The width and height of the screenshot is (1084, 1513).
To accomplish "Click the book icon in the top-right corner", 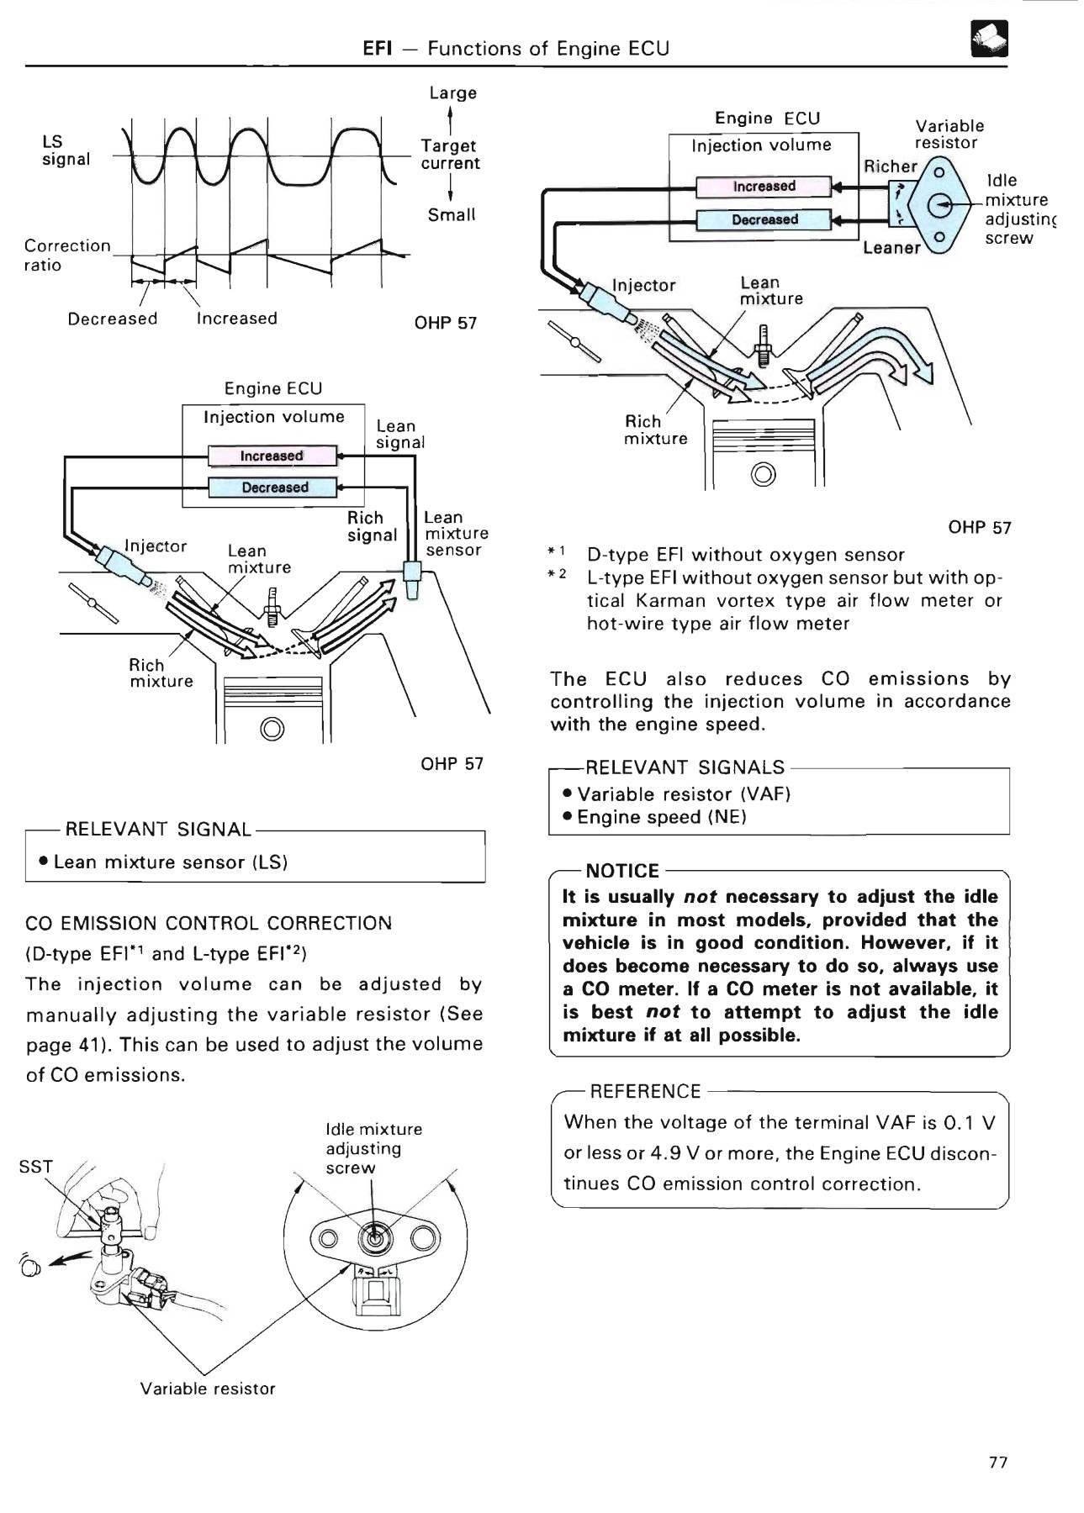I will point(989,39).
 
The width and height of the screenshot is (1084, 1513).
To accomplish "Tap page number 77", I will point(997,1462).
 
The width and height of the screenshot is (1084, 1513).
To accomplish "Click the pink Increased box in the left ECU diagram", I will point(272,456).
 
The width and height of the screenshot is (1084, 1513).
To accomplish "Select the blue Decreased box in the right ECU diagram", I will point(764,219).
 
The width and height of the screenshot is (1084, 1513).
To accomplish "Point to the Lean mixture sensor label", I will point(455,534).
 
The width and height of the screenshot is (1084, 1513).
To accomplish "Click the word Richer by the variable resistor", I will point(890,166).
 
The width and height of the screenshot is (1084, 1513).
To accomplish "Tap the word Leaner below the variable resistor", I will point(891,248).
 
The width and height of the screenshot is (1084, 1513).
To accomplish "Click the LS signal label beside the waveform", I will point(65,150).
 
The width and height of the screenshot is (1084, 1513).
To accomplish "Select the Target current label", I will point(450,155).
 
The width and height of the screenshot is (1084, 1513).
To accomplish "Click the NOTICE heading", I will point(621,871).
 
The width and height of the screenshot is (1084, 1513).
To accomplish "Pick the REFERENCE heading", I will point(645,1091).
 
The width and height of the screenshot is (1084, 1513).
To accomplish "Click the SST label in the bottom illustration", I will point(35,1166).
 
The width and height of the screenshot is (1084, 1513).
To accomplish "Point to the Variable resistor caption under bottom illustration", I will point(208,1389).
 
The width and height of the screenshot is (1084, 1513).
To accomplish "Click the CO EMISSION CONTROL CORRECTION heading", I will point(209,923).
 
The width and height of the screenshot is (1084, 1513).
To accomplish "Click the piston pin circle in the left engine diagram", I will point(272,727).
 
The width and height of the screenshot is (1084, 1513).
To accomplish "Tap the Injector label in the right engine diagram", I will point(643,286).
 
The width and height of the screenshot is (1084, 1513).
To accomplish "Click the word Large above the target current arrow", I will point(452,93).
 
